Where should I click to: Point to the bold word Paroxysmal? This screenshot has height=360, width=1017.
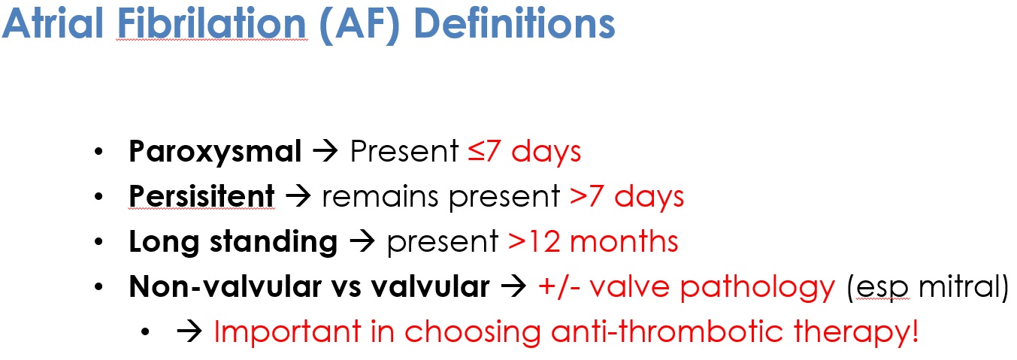pos(215,153)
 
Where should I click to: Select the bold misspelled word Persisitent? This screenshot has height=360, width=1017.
pos(201,197)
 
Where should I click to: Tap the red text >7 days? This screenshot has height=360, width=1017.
pos(627,197)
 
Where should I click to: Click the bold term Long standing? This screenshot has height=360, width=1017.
pos(233,242)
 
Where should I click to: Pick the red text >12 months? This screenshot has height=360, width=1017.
pos(593,242)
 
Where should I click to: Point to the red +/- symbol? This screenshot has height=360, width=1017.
pos(555,287)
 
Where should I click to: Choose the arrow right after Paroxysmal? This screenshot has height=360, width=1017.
pos(325,153)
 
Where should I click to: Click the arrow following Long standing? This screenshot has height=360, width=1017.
pos(362,242)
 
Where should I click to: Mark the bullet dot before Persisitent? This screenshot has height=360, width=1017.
pos(98,198)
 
